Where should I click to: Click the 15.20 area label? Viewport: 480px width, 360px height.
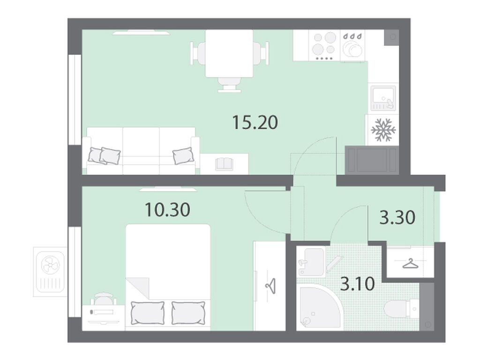pyautogui.click(x=255, y=122)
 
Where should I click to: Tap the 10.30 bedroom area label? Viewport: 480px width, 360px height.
pyautogui.click(x=167, y=210)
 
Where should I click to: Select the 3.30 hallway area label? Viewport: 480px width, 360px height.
pyautogui.click(x=397, y=217)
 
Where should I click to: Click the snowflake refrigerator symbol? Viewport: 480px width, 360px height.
pyautogui.click(x=383, y=130)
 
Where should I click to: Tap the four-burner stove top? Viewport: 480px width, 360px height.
pyautogui.click(x=324, y=45)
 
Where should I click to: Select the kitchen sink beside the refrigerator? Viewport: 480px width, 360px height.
pyautogui.click(x=383, y=98)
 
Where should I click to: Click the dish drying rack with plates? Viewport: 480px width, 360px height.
pyautogui.click(x=352, y=45)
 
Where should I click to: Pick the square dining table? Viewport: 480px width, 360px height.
pyautogui.click(x=229, y=53)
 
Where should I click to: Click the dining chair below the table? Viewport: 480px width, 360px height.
pyautogui.click(x=229, y=85)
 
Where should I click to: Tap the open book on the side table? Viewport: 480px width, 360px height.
pyautogui.click(x=224, y=164)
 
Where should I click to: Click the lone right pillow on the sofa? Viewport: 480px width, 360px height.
pyautogui.click(x=183, y=156)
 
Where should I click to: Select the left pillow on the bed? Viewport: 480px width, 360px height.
pyautogui.click(x=148, y=313)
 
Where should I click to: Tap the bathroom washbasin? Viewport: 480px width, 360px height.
pyautogui.click(x=311, y=262)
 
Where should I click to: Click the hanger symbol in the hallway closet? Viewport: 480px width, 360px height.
pyautogui.click(x=410, y=263)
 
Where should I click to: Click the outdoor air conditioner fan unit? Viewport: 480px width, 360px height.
pyautogui.click(x=50, y=272)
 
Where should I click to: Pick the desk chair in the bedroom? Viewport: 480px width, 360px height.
pyautogui.click(x=104, y=299)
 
